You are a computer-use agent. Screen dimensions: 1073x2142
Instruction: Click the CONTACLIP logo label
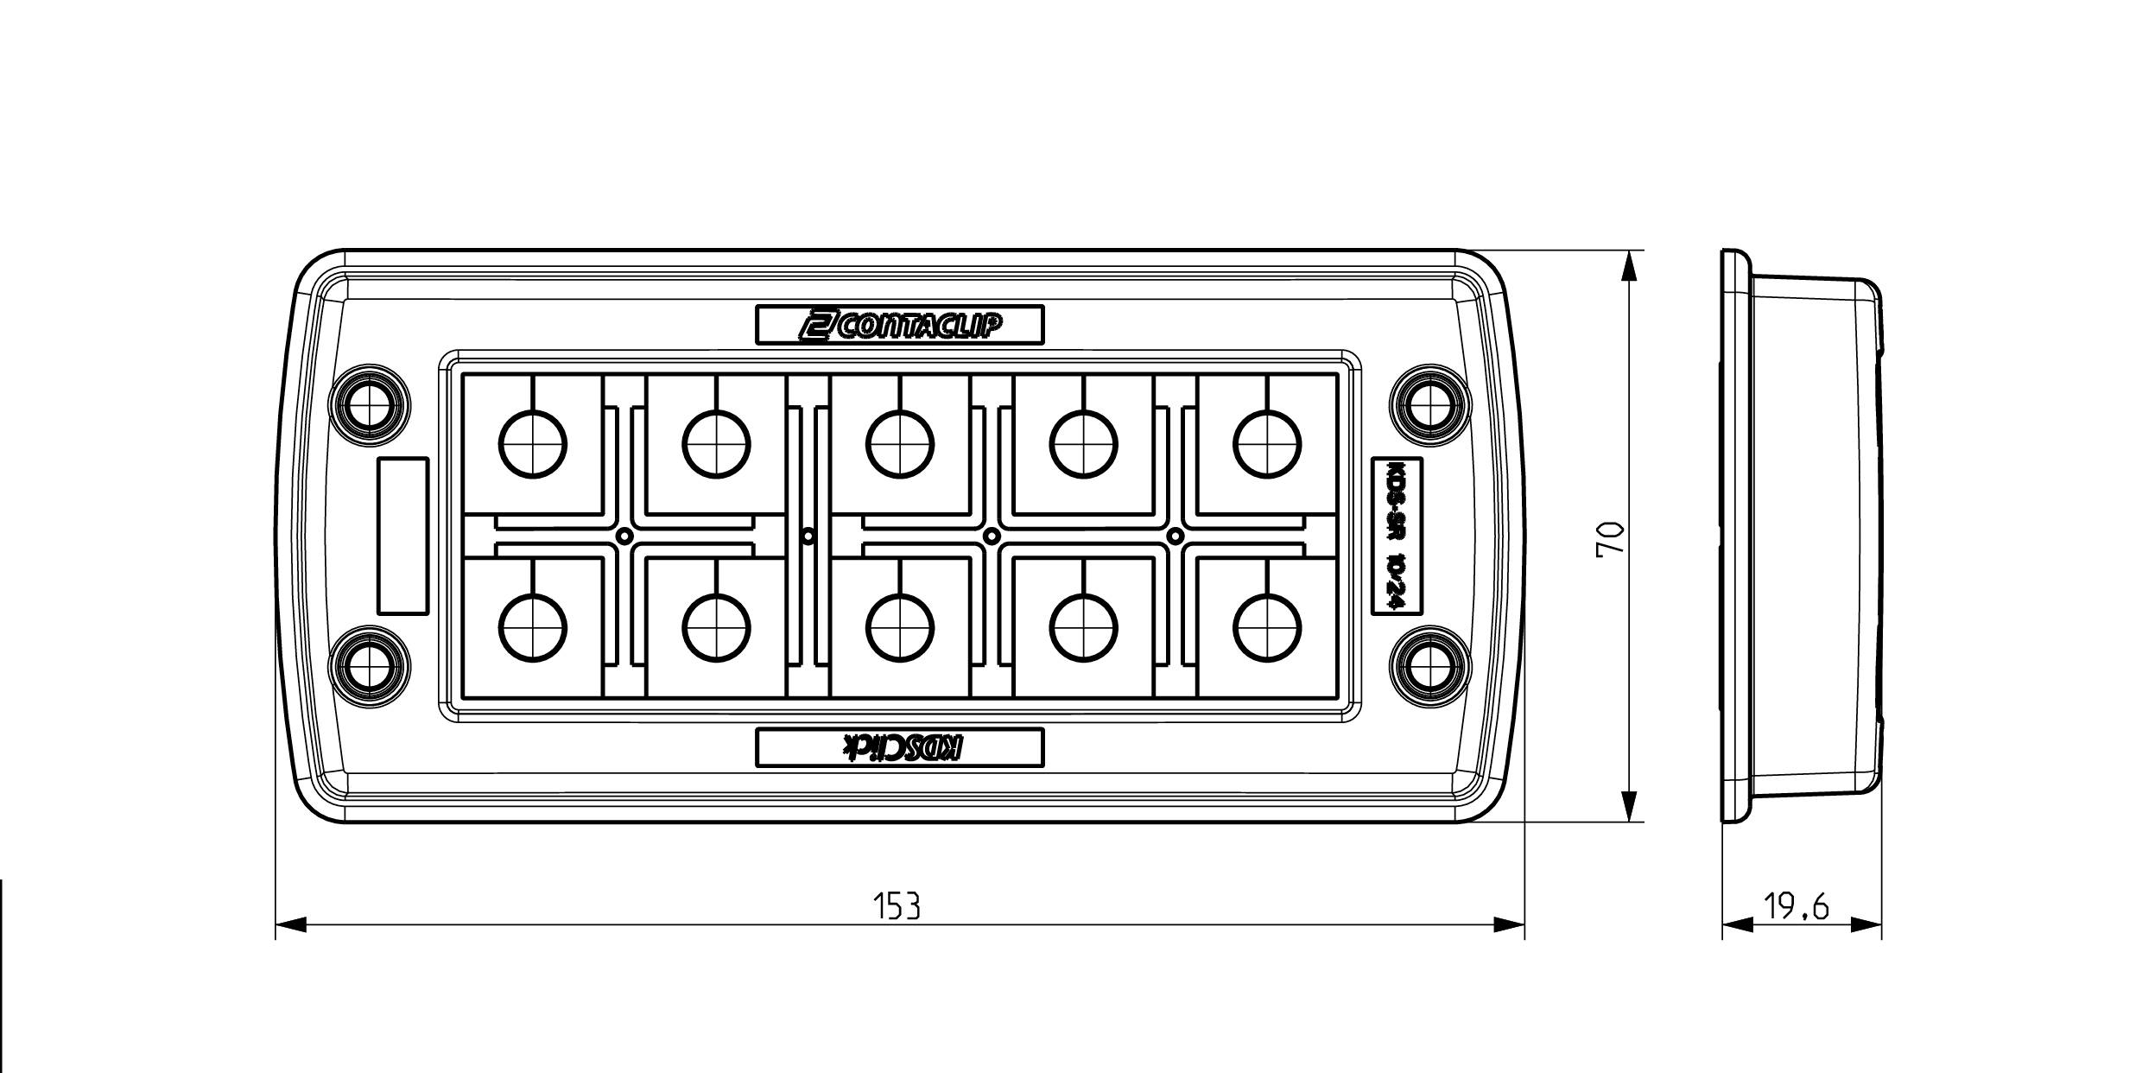pos(899,325)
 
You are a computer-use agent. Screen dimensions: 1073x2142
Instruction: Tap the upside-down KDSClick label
pos(899,747)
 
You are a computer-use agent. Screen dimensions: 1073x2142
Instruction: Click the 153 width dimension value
pos(897,906)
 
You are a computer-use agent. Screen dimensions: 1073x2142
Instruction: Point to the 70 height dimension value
pos(1611,541)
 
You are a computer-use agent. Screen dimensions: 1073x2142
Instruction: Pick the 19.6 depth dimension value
pos(1797,907)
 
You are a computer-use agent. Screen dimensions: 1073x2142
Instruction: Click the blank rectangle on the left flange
pos(403,536)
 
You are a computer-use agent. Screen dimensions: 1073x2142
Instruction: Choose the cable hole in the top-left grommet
pos(534,444)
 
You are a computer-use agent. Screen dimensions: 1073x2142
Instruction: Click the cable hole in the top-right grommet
pos(1267,444)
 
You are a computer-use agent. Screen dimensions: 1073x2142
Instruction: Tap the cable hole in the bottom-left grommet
pos(534,628)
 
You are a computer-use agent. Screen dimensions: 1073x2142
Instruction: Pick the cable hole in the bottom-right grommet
pos(1267,628)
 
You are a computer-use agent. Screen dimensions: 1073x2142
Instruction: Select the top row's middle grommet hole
pos(901,444)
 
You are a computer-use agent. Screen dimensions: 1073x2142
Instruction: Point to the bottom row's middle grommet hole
pos(901,628)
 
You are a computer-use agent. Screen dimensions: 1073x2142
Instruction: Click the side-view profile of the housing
pos(1801,536)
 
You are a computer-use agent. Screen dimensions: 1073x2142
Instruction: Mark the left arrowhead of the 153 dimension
pos(290,925)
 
